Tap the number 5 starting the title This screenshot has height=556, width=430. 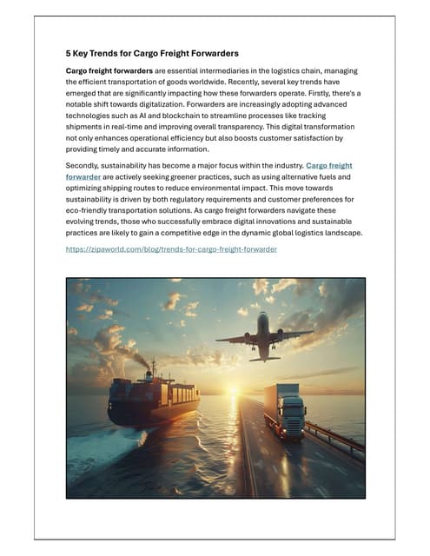coord(69,53)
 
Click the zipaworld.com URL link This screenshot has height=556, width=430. coord(171,248)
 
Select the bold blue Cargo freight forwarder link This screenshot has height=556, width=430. coord(329,164)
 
